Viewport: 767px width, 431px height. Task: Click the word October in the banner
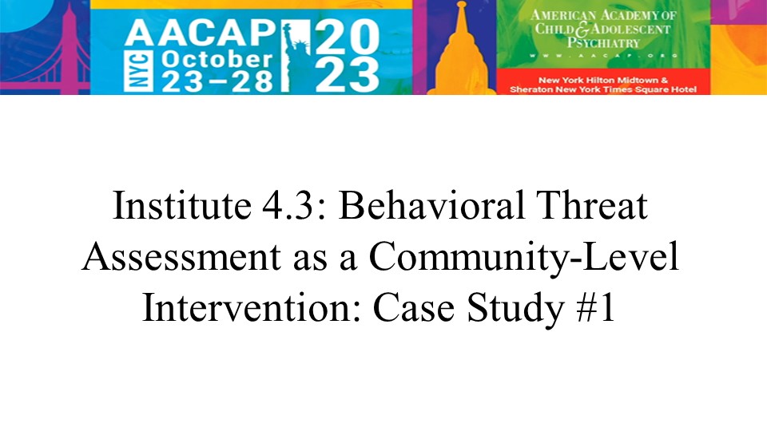(217, 60)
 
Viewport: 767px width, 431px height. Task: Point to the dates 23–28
(217, 81)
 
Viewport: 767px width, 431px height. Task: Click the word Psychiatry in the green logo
(603, 43)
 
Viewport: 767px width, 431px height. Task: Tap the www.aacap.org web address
(603, 56)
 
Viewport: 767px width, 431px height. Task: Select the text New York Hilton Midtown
(598, 80)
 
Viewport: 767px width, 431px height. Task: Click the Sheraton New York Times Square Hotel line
(603, 89)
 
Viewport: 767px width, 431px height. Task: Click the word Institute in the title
(182, 205)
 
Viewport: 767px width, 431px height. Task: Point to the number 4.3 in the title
(287, 205)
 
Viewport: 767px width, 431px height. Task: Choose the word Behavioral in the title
(432, 205)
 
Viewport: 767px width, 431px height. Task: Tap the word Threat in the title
(592, 205)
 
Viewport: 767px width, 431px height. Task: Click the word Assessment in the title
(181, 256)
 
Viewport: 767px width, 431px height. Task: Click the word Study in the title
(515, 309)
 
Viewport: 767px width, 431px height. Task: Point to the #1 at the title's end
(595, 308)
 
